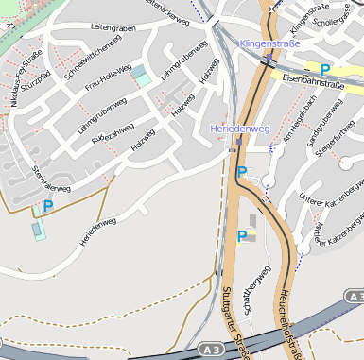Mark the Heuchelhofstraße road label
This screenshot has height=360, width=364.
286,321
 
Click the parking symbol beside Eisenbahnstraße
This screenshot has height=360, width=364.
325,69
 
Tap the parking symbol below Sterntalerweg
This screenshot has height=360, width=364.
48,205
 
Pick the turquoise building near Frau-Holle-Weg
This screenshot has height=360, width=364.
140,75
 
